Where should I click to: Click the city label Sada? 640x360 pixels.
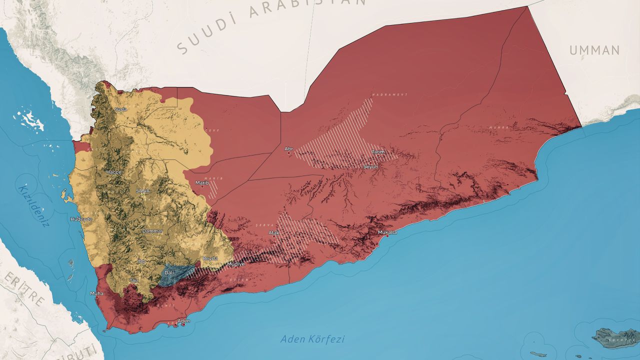click(120, 109)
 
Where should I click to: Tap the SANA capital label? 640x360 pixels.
click(142, 190)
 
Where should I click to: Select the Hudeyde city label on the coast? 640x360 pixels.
click(81, 219)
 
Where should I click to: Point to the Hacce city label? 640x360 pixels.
click(113, 172)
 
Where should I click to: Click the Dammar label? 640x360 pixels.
click(152, 231)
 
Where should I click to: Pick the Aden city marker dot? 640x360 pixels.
click(183, 324)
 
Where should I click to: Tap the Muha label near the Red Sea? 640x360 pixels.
click(96, 293)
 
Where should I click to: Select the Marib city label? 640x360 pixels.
click(202, 182)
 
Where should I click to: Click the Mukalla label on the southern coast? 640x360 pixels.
click(387, 232)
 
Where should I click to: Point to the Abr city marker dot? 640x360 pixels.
click(288, 153)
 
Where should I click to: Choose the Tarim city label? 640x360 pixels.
click(377, 152)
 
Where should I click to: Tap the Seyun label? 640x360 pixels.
click(371, 166)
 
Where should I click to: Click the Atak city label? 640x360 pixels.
click(274, 232)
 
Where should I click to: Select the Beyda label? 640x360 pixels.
click(210, 258)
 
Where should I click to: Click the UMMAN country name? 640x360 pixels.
click(594, 50)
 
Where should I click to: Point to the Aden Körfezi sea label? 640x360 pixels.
click(312, 339)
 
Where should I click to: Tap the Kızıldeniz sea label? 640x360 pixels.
click(34, 205)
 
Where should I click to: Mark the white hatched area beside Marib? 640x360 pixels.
click(213, 189)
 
